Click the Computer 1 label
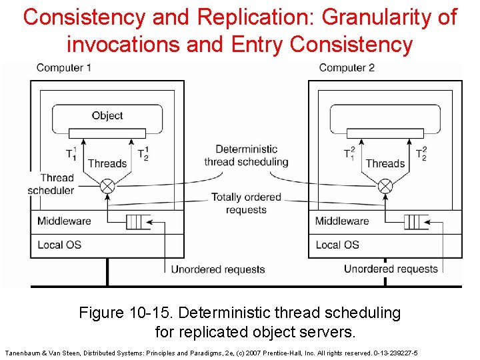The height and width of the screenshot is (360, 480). pyautogui.click(x=63, y=67)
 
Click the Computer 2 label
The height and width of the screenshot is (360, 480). pyautogui.click(x=347, y=67)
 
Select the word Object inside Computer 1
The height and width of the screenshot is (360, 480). pyautogui.click(x=107, y=115)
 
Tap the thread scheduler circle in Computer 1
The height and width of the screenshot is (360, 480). pyautogui.click(x=107, y=186)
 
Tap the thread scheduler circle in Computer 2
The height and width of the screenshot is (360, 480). pyautogui.click(x=385, y=186)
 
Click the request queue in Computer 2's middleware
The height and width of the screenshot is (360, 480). pyautogui.click(x=415, y=221)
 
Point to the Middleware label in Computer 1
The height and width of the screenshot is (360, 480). pyautogui.click(x=64, y=221)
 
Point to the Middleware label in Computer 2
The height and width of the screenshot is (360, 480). pyautogui.click(x=342, y=221)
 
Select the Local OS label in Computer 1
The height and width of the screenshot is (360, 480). pyautogui.click(x=59, y=245)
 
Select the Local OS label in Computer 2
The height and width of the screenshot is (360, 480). pyautogui.click(x=337, y=245)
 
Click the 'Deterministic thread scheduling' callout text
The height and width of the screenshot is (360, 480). pyautogui.click(x=247, y=155)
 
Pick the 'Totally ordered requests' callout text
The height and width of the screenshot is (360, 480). pyautogui.click(x=247, y=203)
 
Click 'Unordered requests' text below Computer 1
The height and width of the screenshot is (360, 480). pyautogui.click(x=218, y=269)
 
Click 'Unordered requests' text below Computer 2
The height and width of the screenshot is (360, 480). pyautogui.click(x=391, y=269)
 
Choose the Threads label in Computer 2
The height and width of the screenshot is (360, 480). pyautogui.click(x=385, y=163)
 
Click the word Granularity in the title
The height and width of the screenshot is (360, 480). pyautogui.click(x=389, y=17)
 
